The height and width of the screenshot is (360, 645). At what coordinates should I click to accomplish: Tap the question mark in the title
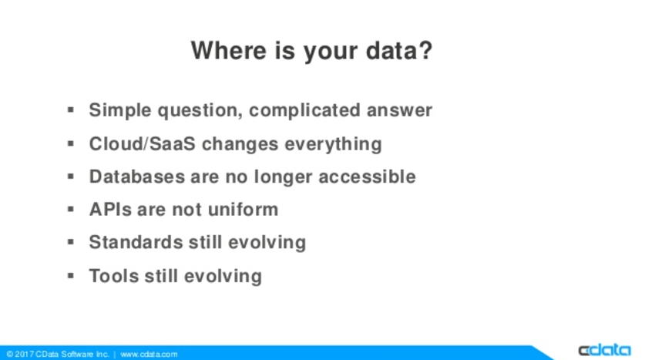coord(425,50)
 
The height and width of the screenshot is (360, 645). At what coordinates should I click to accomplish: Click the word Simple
coord(120,111)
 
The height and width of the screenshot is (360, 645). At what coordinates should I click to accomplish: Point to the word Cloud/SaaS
coord(143,144)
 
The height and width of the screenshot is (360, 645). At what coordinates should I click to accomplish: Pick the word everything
coord(333,144)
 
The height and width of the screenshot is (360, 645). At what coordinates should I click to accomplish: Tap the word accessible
coord(367,177)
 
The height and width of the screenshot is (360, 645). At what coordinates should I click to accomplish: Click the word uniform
coord(243,210)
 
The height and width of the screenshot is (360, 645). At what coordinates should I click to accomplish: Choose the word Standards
coord(136,242)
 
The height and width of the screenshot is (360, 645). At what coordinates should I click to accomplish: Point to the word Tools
coord(114,276)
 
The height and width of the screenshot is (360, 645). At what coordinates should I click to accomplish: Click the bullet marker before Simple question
coord(71,110)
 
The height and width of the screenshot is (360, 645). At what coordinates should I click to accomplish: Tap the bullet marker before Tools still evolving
coord(71,276)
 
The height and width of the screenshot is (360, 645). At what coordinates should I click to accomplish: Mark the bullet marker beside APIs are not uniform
coord(71,209)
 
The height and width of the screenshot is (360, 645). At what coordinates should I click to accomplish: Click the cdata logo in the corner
coord(604,350)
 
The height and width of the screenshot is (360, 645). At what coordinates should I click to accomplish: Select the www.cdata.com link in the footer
coord(149,355)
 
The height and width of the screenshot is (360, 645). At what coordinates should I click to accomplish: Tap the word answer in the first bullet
coord(399,111)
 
